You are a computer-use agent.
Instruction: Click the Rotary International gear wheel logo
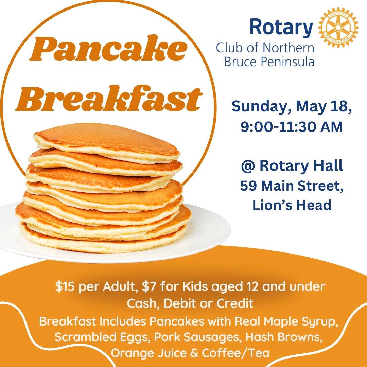[338, 28]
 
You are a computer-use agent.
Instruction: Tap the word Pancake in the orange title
[108, 48]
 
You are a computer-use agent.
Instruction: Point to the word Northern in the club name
[288, 48]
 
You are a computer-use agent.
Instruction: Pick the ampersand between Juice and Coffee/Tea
[194, 353]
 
